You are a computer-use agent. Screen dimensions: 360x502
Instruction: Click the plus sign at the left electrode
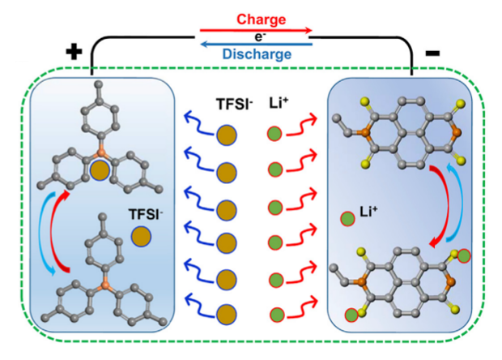pyautogui.click(x=74, y=52)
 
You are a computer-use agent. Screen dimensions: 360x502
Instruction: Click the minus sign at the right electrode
pyautogui.click(x=432, y=52)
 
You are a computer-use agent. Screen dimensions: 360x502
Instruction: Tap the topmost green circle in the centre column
pyautogui.click(x=275, y=135)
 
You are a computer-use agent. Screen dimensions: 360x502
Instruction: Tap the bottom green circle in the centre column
pyautogui.click(x=275, y=315)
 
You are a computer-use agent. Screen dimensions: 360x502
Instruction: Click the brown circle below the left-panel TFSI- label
pyautogui.click(x=142, y=237)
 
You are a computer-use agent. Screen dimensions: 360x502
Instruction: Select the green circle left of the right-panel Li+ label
pyautogui.click(x=347, y=217)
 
